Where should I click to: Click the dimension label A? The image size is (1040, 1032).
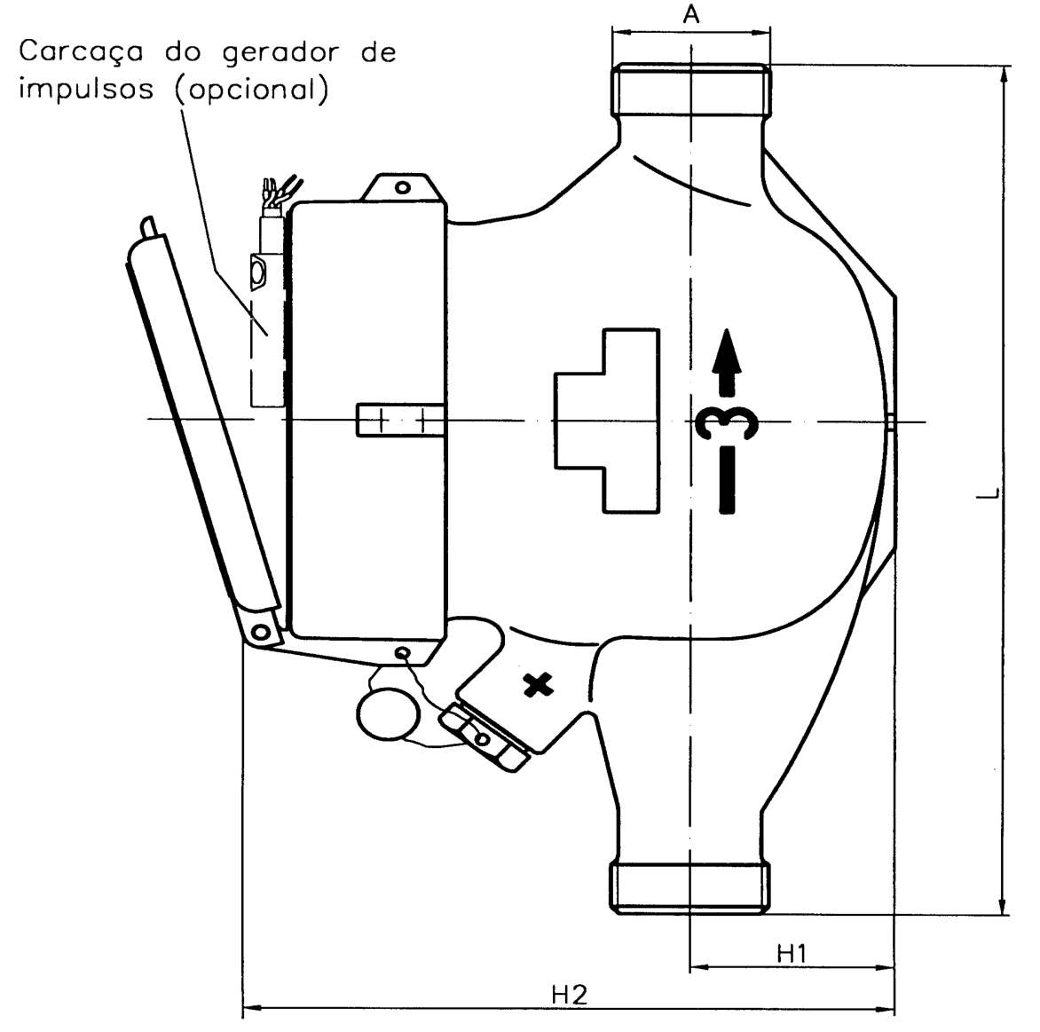click(691, 14)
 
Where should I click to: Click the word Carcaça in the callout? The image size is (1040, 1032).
click(81, 51)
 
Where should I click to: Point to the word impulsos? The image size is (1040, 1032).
click(86, 89)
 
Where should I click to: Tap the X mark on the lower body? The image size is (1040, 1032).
click(539, 685)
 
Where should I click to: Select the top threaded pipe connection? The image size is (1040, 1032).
click(691, 91)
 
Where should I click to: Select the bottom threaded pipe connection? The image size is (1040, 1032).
click(690, 887)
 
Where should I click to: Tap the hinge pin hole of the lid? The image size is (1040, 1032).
click(261, 630)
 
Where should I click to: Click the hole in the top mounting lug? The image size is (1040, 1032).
click(402, 188)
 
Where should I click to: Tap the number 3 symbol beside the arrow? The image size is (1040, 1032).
click(727, 421)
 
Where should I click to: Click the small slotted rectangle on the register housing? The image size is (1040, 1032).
click(400, 420)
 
